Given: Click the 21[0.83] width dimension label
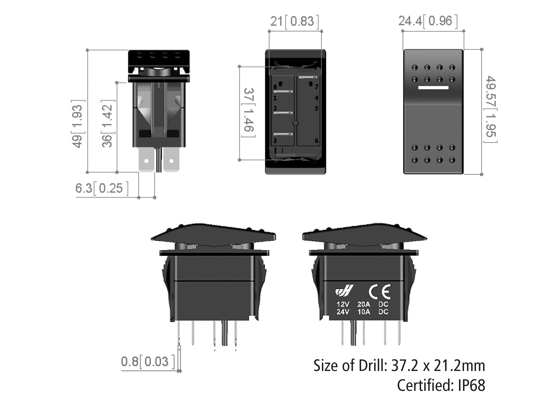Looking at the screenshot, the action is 295,21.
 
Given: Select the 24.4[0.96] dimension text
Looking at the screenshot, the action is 428,21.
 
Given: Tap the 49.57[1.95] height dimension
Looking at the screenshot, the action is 491,109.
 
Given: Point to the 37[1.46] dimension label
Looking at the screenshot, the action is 249,113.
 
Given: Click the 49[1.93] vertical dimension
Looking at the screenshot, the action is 78,124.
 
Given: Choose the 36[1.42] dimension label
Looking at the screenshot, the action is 108,124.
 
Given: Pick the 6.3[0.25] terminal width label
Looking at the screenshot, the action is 102,188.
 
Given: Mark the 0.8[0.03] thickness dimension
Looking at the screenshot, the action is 148,361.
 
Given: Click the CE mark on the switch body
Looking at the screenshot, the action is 380,292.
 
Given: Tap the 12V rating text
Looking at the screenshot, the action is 343,305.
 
